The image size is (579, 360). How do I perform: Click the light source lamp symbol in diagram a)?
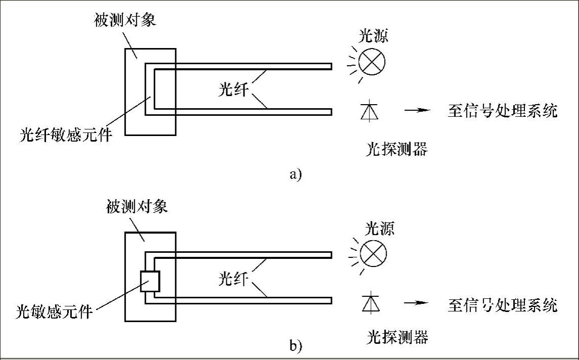click(x=371, y=61)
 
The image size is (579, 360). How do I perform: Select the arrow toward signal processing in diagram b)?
click(x=416, y=303)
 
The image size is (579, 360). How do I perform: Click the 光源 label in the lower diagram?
click(x=380, y=229)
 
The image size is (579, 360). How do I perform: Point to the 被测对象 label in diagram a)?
click(x=125, y=20)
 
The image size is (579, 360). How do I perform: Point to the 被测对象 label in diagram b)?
click(x=137, y=207)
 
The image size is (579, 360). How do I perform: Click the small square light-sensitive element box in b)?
click(x=150, y=282)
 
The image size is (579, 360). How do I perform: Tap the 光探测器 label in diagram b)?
click(x=398, y=337)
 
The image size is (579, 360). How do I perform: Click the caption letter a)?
click(x=296, y=175)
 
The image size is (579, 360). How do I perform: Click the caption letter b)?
click(x=296, y=346)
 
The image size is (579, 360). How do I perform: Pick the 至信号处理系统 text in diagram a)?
click(x=503, y=111)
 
